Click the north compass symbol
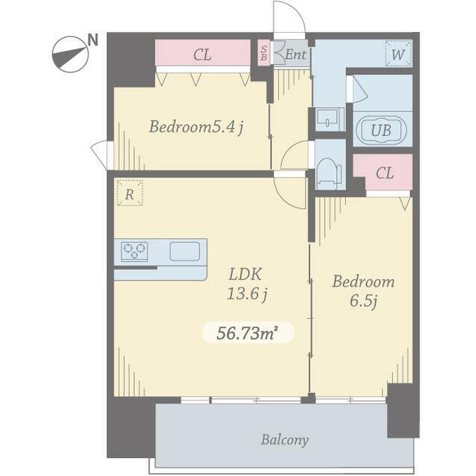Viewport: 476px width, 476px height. (71, 54)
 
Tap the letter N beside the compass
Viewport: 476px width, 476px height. (93, 39)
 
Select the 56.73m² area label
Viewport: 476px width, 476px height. (248, 333)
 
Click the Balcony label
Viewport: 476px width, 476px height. (285, 440)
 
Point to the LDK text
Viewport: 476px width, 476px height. (245, 274)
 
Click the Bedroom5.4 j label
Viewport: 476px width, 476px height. (196, 127)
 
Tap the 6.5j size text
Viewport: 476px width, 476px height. (364, 300)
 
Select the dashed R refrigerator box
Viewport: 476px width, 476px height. (129, 193)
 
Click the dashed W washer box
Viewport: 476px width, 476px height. (399, 54)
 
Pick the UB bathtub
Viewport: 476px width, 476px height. (382, 131)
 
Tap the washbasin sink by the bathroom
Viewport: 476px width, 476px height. (328, 118)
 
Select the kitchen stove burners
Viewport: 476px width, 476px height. (134, 251)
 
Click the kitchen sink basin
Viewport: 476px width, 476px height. (184, 251)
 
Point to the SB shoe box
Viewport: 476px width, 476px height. (264, 53)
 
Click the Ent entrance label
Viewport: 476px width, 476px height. (295, 54)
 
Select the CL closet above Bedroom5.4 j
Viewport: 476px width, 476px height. (203, 53)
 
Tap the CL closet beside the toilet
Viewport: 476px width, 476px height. (384, 173)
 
